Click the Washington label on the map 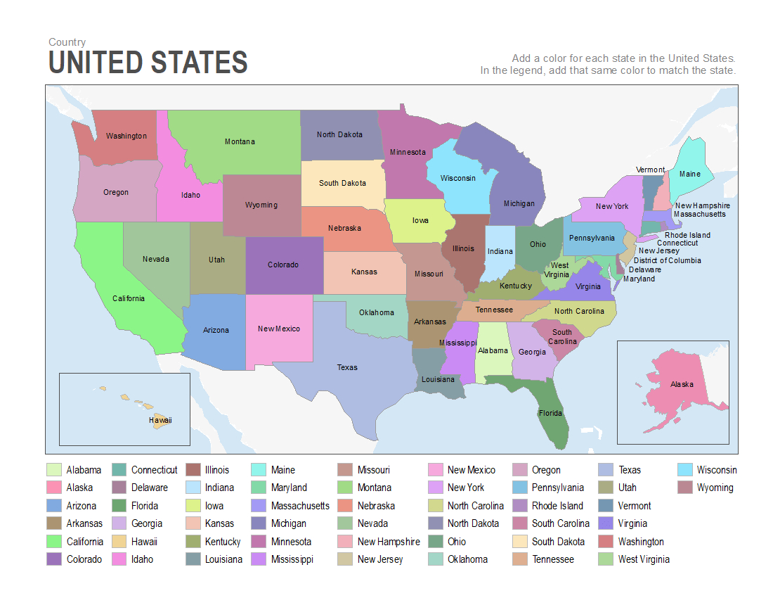[x=126, y=136]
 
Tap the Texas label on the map [x=347, y=367]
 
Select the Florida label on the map [x=551, y=413]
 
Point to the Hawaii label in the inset [x=160, y=420]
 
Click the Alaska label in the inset [x=682, y=384]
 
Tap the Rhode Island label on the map [x=687, y=235]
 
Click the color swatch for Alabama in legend [x=54, y=470]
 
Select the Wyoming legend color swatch [x=685, y=488]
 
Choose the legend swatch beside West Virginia [x=606, y=559]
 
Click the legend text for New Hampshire [x=389, y=542]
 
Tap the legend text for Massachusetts [x=300, y=506]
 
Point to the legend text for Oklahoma [x=467, y=559]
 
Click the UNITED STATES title [x=148, y=63]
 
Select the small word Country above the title [x=67, y=42]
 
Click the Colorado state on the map [x=283, y=265]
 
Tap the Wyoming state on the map [x=261, y=205]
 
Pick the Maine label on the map [x=689, y=174]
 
